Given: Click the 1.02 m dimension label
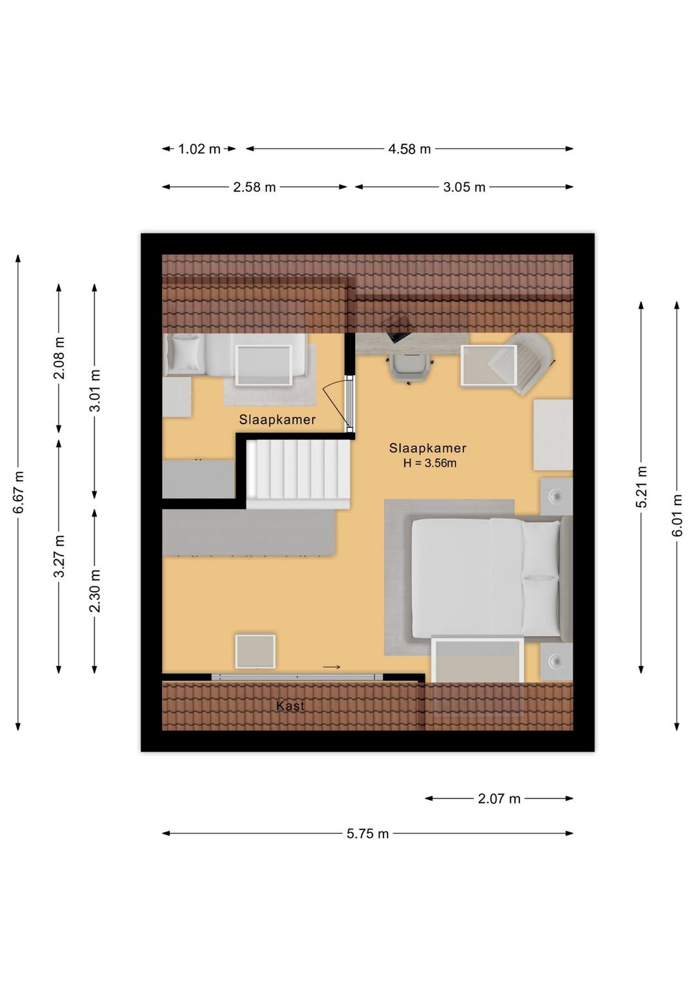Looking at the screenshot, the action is (x=199, y=149).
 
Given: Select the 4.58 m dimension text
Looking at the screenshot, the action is (x=409, y=149).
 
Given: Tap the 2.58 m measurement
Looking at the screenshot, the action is (x=254, y=187).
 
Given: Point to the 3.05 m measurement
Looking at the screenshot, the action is (x=465, y=187).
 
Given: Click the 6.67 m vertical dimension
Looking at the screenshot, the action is (x=18, y=492).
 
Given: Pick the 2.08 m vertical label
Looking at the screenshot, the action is (x=59, y=358).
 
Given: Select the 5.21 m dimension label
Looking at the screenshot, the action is (x=641, y=486).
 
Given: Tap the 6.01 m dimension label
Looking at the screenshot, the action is (x=677, y=515).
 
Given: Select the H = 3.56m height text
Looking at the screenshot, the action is (x=430, y=463).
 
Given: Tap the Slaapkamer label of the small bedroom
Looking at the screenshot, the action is (x=277, y=420).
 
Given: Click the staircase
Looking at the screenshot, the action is (x=298, y=474).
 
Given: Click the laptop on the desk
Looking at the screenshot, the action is (x=398, y=327).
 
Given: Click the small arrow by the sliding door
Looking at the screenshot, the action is (x=331, y=667).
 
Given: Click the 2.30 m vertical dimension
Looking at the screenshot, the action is (x=95, y=591).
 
